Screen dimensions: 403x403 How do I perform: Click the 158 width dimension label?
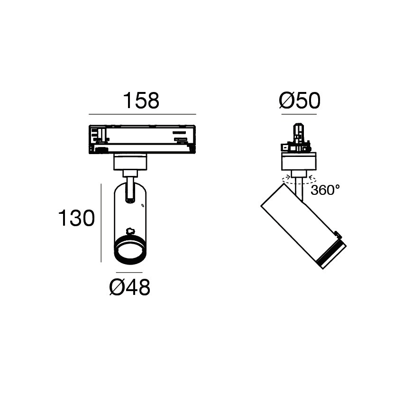pos(141,100)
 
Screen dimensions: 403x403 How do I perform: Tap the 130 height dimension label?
pos(77,218)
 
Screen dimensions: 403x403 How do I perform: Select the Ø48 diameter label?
pos(130,287)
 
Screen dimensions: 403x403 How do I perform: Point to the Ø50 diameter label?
pos(300,100)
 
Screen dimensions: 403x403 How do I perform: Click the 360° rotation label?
pos(325,190)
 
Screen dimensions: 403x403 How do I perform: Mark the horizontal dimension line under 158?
pos(142,114)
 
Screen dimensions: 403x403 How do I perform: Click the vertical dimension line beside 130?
pos(101,223)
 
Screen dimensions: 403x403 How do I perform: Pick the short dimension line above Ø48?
pos(129,272)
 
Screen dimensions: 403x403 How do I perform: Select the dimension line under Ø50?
pos(299,114)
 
